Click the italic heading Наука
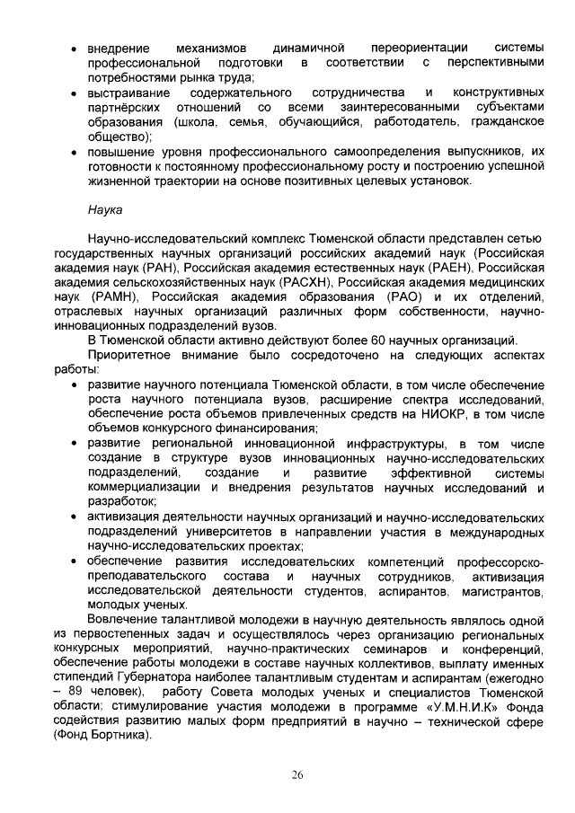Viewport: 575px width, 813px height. [x=105, y=211]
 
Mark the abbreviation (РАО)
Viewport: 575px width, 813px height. [x=387, y=296]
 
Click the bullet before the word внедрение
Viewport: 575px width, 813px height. [x=73, y=47]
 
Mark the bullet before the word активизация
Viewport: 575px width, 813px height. [x=73, y=517]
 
